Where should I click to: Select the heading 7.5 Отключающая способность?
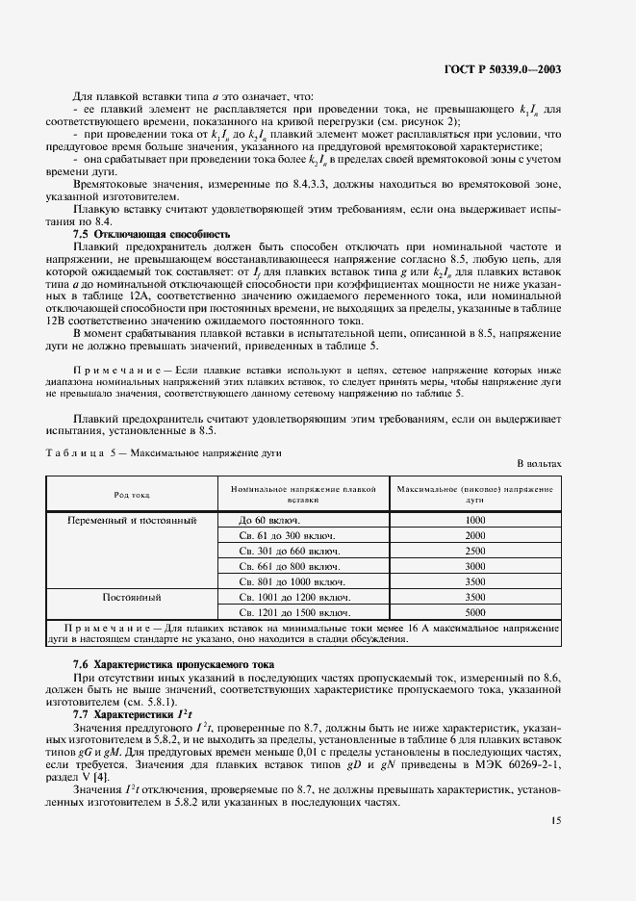pyautogui.click(x=152, y=234)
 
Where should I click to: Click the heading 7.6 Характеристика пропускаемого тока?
pyautogui.click(x=174, y=664)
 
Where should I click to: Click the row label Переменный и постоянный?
pyautogui.click(x=133, y=520)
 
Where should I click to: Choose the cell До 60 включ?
pyautogui.click(x=276, y=520)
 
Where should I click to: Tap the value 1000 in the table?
pyautogui.click(x=474, y=520)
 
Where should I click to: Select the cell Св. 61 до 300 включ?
pyautogui.click(x=288, y=535)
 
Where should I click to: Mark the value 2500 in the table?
pyautogui.click(x=474, y=551)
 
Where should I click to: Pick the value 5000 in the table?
pyautogui.click(x=474, y=612)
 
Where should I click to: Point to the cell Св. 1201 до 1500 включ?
pyautogui.click(x=293, y=612)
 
